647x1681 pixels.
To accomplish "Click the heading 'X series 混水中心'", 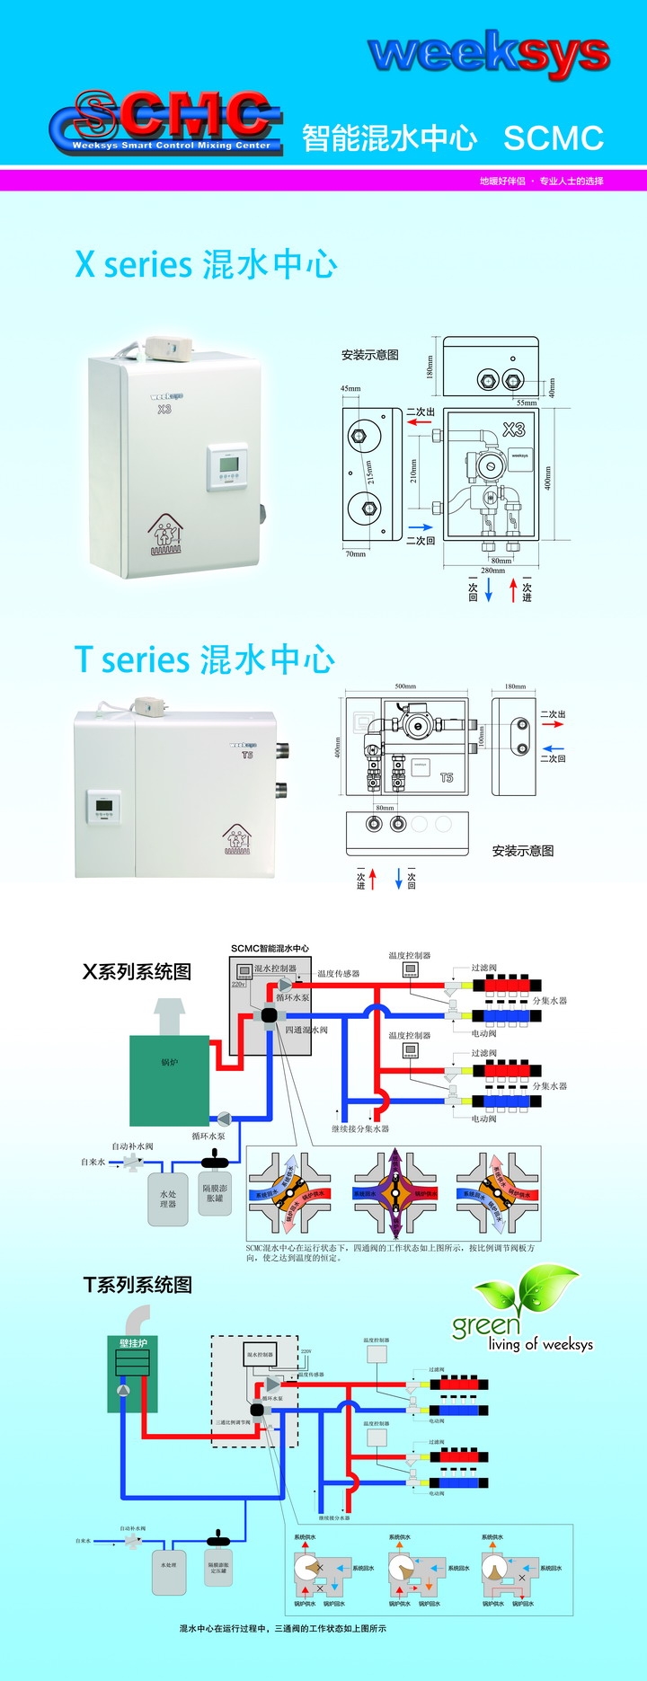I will tap(206, 264).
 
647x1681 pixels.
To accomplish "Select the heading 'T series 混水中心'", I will tap(205, 659).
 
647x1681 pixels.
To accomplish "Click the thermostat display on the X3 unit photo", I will tap(228, 465).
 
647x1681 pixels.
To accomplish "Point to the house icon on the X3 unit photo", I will tap(165, 535).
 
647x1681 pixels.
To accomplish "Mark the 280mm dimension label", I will tap(492, 571).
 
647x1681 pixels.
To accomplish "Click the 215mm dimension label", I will tap(369, 472).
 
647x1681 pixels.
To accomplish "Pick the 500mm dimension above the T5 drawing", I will tap(405, 686).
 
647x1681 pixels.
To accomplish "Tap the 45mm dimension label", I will tap(350, 389).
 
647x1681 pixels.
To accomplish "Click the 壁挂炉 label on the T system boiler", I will tap(133, 1343).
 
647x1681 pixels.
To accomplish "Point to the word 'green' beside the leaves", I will tap(486, 1325).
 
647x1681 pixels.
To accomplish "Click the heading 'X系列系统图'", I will tap(137, 972).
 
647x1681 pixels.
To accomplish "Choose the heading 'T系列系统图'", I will tap(137, 1285).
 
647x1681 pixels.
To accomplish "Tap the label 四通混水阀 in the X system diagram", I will tap(306, 1030).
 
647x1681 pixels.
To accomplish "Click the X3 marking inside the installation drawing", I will tap(513, 429).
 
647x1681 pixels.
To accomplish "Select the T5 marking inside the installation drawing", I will tap(447, 777).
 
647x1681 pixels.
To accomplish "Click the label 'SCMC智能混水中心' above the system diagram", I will tap(270, 949).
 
